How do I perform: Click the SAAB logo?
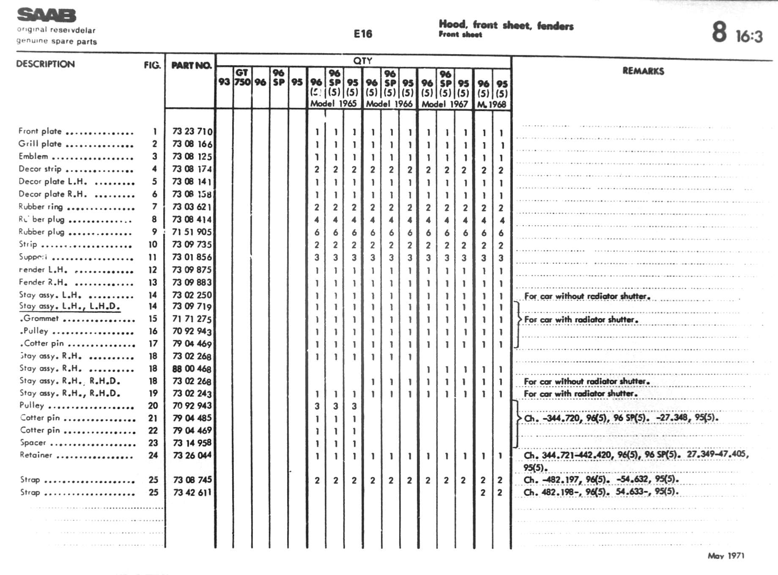tap(47, 15)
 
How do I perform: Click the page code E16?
tap(363, 34)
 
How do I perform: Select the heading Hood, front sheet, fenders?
tap(506, 25)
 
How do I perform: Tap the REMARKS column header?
tap(643, 71)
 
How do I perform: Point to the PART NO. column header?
tap(191, 65)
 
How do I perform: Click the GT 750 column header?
tap(242, 77)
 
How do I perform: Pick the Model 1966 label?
tap(389, 104)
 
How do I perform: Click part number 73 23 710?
tap(192, 131)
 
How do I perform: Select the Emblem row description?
tap(33, 156)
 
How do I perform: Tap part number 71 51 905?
tap(192, 232)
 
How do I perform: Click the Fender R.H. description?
tap(43, 282)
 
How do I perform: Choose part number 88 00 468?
tap(192, 369)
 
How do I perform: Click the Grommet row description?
tap(41, 318)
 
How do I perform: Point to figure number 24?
tap(153, 455)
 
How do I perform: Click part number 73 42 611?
tap(192, 492)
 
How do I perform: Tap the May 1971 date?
tap(726, 556)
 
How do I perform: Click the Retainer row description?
tap(36, 455)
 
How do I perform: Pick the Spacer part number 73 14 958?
tap(192, 443)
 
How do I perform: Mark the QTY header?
tap(363, 60)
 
